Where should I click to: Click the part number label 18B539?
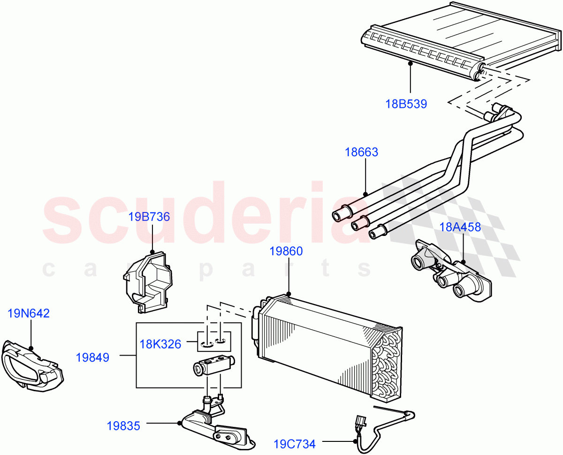(x=406, y=104)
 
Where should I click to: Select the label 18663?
(x=361, y=152)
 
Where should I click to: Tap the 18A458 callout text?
(x=460, y=227)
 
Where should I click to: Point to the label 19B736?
(x=149, y=217)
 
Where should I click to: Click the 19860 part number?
(x=286, y=251)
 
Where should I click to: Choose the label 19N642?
(x=29, y=313)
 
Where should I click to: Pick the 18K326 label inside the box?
(x=160, y=344)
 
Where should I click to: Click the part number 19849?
(x=92, y=358)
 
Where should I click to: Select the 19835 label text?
(x=123, y=426)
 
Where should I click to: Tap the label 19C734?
(x=295, y=443)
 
